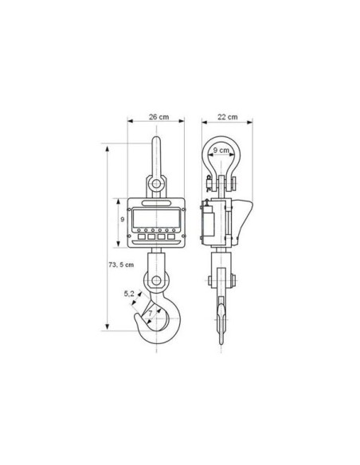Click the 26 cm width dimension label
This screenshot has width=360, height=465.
(x=159, y=117)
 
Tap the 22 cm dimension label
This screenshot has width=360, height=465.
(x=228, y=117)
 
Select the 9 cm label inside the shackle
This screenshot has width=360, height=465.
(x=221, y=150)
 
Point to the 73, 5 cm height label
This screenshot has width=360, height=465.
(x=121, y=264)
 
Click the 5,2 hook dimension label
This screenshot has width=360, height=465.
(x=129, y=294)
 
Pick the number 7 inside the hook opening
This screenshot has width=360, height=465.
(x=151, y=313)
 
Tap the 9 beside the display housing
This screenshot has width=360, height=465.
(x=123, y=220)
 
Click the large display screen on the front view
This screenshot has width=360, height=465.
(x=156, y=218)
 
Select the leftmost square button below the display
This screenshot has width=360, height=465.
(x=142, y=236)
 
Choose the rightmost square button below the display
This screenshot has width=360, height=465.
(x=170, y=236)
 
